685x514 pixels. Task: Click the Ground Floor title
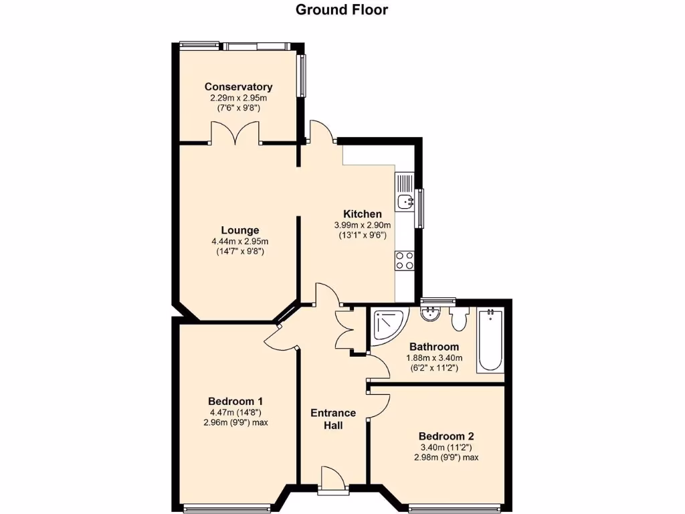pos(342,9)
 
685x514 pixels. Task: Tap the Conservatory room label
pos(238,87)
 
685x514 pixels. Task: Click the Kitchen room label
pos(363,214)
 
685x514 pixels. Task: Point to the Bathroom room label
pos(434,347)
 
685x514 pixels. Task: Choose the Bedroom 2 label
pos(446,434)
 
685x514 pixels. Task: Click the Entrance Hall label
pos(333,419)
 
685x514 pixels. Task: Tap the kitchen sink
pos(405,201)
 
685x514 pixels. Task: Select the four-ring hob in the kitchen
pos(404,260)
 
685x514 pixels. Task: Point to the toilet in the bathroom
pos(460,319)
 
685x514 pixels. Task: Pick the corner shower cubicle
pos(388,324)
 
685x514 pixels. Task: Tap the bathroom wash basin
pos(429,313)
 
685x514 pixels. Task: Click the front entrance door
pos(332,481)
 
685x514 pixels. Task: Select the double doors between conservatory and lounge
pos(234,133)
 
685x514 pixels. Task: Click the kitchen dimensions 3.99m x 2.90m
pos(363,226)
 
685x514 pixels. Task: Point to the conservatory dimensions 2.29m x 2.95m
pos(238,98)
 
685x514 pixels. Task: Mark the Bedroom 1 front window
pos(227,507)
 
